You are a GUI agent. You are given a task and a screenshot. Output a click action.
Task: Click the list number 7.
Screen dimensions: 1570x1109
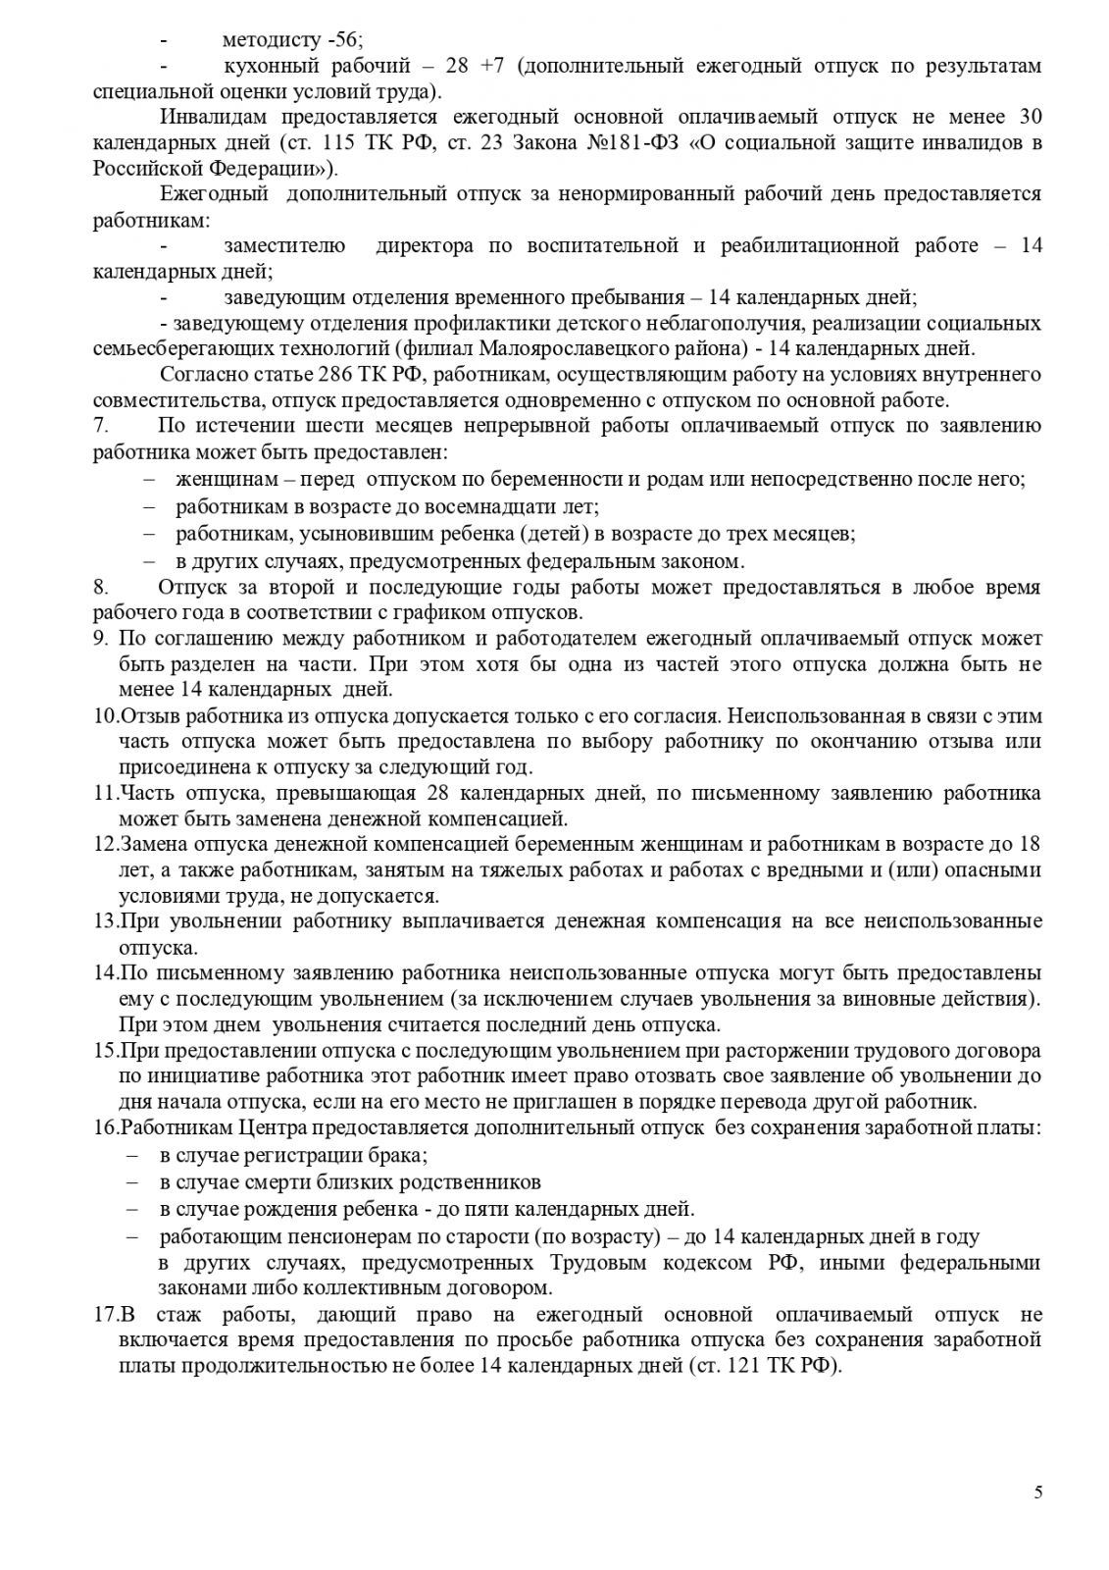99,425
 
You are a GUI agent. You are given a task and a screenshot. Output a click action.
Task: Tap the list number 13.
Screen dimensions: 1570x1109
106,920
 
